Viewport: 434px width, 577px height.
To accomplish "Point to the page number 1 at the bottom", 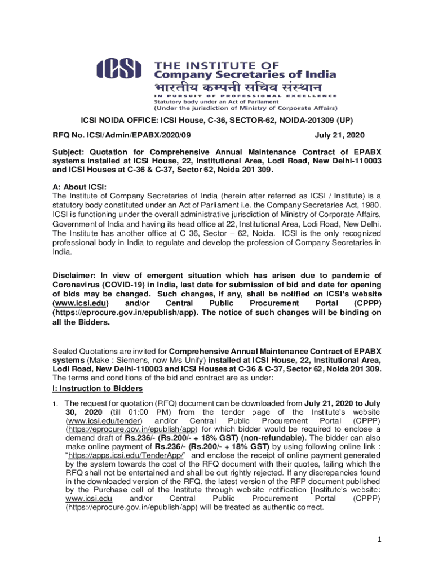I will click(380, 539).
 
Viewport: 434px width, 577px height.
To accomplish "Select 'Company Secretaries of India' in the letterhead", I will click(246, 74).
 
